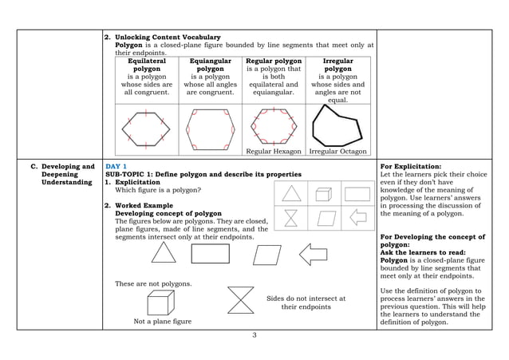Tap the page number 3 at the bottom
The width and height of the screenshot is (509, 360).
(254, 334)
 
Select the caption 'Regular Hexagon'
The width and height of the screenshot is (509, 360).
(274, 151)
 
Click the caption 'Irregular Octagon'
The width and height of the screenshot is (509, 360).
(337, 151)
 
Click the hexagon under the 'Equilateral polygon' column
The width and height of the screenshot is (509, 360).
(146, 126)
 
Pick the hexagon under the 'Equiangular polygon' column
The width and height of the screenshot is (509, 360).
(209, 126)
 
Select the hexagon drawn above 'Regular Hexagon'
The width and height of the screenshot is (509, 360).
(274, 125)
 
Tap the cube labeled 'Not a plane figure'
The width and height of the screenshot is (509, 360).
(158, 303)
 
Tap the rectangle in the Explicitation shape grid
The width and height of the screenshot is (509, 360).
(357, 194)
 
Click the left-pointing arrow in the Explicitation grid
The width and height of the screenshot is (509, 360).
(357, 217)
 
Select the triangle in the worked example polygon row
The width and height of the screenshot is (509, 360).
(164, 253)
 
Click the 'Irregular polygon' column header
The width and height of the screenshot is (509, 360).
(337, 65)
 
